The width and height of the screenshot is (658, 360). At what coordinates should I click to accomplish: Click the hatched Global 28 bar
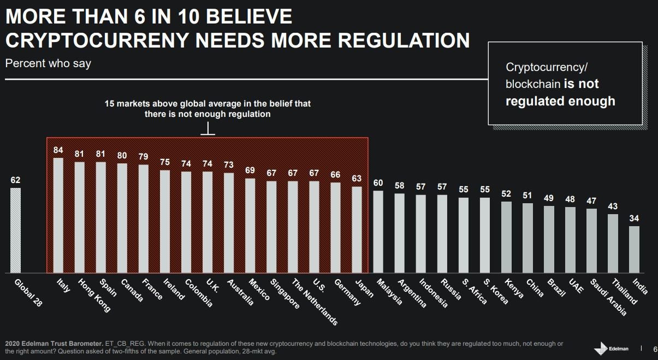point(16,231)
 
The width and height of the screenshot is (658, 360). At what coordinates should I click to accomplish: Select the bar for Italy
point(58,215)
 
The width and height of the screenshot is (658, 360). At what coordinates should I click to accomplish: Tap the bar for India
point(634,249)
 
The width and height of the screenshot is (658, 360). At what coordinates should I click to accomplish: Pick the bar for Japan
point(357,229)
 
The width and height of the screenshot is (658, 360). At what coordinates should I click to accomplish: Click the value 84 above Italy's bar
point(58,150)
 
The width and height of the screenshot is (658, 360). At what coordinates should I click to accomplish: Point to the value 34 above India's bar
point(634,219)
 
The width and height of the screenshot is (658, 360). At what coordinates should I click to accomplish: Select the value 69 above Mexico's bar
point(250,170)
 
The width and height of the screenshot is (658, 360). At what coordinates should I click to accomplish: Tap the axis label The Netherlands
point(315,302)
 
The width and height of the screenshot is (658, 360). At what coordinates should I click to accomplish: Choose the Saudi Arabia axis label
point(608,297)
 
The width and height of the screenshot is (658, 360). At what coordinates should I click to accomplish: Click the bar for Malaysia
point(378,232)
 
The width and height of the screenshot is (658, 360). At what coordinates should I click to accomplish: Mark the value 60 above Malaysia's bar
point(378,183)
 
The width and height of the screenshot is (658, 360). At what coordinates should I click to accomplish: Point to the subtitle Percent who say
point(48,63)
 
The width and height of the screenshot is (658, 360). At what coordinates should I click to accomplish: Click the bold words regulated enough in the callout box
point(560,101)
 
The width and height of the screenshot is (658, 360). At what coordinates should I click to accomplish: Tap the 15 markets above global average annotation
point(208,109)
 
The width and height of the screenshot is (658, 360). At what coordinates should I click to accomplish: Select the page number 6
point(655,349)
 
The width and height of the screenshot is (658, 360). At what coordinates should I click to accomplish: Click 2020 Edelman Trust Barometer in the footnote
point(52,343)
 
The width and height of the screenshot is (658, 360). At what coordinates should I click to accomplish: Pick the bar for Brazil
point(549,239)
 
